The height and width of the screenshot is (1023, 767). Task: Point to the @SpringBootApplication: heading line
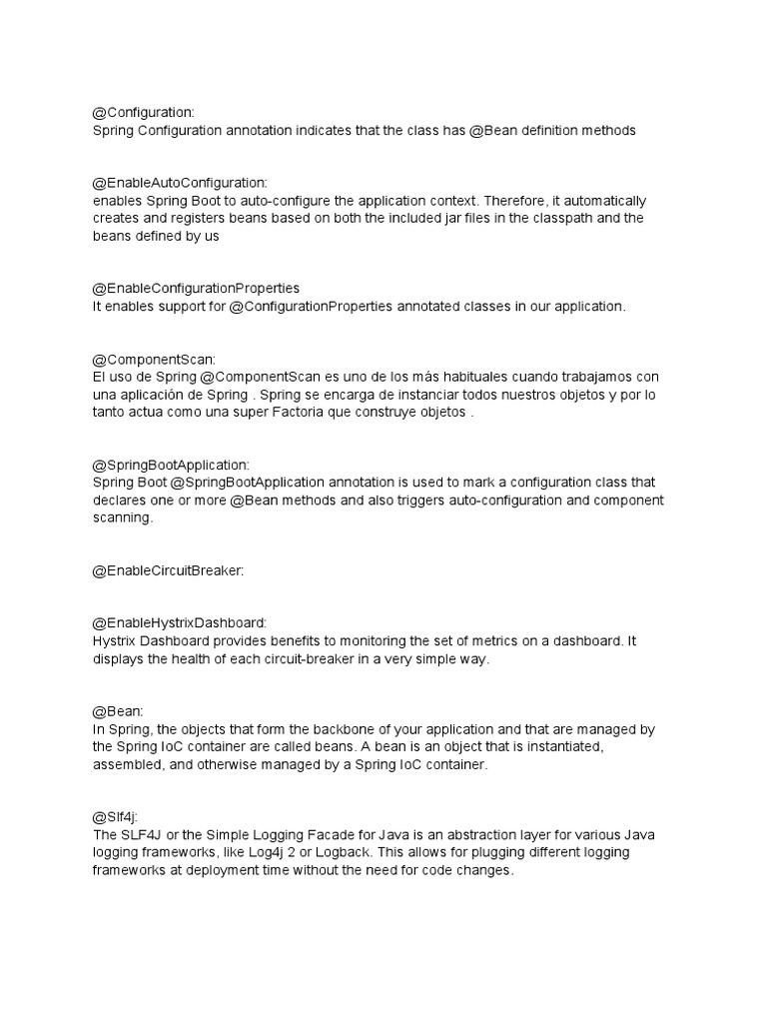pyautogui.click(x=171, y=465)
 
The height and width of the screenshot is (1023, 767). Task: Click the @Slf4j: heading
pyautogui.click(x=116, y=816)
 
